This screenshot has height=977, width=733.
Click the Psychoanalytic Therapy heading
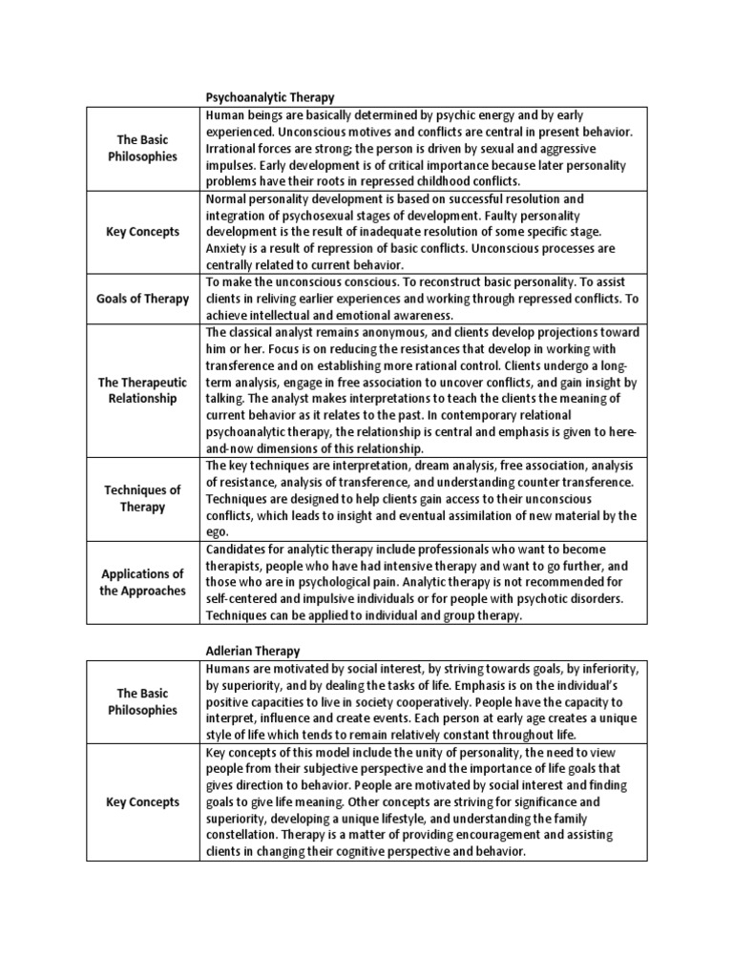pyautogui.click(x=271, y=97)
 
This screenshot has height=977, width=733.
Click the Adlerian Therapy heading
pyautogui.click(x=253, y=651)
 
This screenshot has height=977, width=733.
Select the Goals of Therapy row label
pyautogui.click(x=143, y=299)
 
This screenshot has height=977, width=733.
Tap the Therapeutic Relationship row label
pyautogui.click(x=143, y=389)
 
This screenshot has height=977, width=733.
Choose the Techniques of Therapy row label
pyautogui.click(x=143, y=498)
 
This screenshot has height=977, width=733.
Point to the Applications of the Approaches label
pyautogui.click(x=143, y=582)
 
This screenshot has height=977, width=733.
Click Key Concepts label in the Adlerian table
pyautogui.click(x=143, y=801)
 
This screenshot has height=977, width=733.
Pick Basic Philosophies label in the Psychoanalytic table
pyautogui.click(x=143, y=148)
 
